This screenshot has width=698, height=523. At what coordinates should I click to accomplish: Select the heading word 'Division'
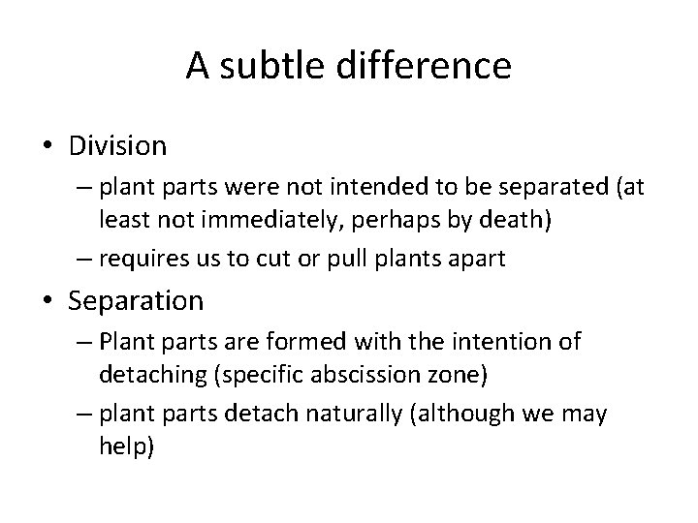[117, 146]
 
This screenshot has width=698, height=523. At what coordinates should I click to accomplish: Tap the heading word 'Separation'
[136, 301]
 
